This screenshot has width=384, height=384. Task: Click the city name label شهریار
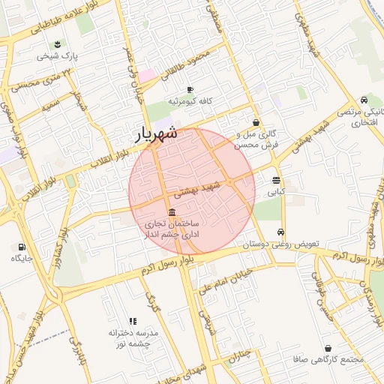156,133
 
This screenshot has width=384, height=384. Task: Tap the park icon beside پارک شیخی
59,43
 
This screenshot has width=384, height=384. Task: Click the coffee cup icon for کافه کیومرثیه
190,89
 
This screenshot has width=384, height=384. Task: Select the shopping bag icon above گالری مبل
256,122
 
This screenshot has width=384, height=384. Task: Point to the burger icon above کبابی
277,181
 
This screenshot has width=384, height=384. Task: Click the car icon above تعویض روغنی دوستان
281,232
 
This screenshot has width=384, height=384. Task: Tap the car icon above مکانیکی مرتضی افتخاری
364,100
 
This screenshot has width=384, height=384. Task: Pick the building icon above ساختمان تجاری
172,212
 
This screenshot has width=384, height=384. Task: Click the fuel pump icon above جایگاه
21,247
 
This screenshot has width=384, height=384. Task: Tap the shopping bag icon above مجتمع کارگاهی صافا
329,348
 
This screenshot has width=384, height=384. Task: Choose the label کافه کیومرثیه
191,100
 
